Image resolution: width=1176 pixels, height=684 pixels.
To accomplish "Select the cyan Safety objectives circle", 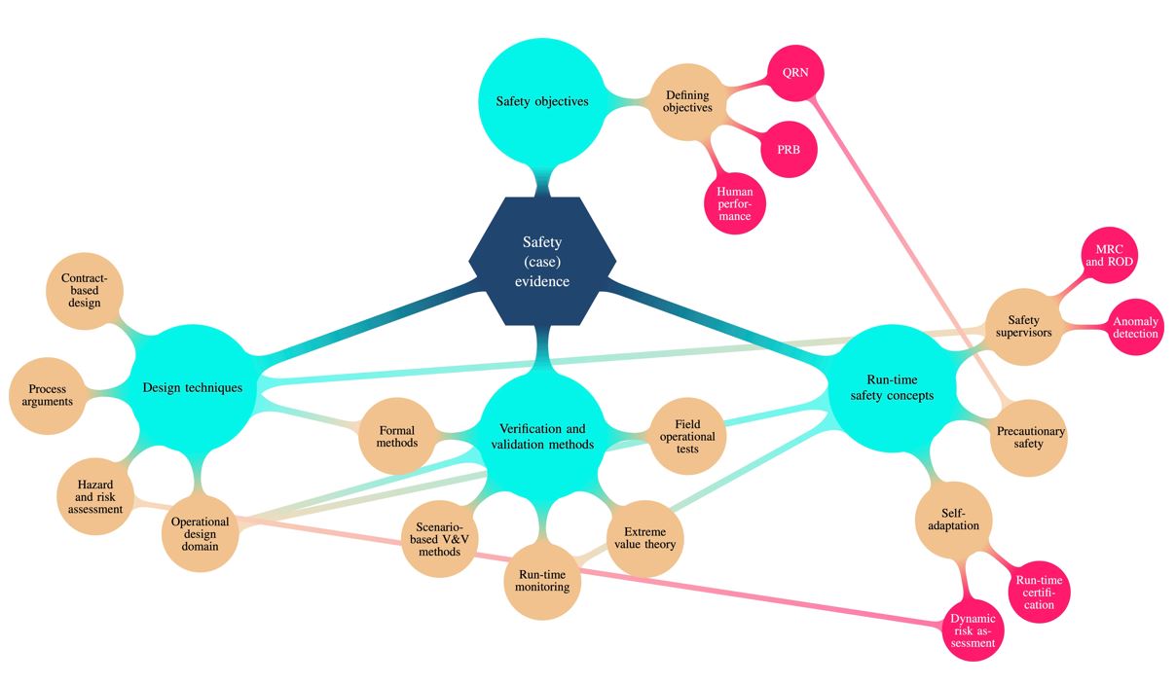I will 541,101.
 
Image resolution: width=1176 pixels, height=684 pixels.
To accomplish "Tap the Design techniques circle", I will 192,387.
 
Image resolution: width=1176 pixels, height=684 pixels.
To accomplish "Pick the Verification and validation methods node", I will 541,436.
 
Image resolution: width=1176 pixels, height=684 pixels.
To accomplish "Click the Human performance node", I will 734,202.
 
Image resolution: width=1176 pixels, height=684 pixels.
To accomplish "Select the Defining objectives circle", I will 687,101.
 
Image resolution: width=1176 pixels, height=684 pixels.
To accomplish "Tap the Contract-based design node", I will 85,290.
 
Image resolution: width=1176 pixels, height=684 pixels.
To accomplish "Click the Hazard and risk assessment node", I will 94,495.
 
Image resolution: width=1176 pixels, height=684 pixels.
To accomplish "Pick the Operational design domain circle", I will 200,533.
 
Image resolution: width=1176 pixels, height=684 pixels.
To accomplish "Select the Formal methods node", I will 396,436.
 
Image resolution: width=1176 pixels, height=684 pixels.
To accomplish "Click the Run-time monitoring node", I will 541,580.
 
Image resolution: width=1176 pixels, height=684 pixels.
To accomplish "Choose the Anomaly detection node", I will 1135,327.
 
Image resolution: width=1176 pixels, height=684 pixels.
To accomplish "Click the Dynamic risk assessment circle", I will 974,629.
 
